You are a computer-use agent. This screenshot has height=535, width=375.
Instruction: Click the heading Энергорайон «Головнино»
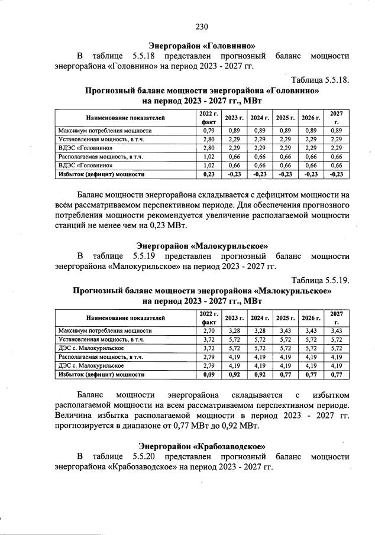[x=202, y=45]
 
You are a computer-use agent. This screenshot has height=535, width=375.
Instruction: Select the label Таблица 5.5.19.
[x=320, y=280]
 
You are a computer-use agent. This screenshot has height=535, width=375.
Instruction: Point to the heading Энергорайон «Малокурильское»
[x=202, y=245]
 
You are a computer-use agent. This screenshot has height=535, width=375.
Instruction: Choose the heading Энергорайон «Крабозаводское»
[x=202, y=445]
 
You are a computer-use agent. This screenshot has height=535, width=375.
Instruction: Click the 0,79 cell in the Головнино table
[x=208, y=130]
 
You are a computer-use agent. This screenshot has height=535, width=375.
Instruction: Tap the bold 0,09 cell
[x=208, y=374]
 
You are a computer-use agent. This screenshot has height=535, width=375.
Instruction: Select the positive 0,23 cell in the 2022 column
[x=208, y=174]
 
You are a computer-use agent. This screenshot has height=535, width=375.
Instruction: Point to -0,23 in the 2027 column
[x=336, y=174]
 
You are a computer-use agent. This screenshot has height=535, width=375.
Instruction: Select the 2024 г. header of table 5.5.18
[x=260, y=118]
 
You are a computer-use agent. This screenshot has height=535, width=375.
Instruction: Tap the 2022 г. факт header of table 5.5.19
[x=208, y=317]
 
